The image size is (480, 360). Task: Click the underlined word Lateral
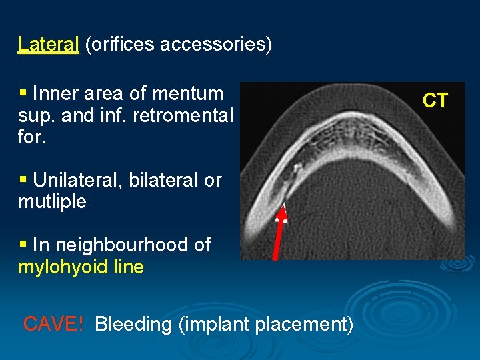pos(49,44)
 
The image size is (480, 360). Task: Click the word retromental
pos(183,115)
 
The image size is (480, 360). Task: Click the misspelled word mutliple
pos(52,201)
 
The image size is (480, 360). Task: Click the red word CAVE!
pos(53,324)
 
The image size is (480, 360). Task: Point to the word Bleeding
pos(133,324)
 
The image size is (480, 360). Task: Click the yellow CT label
pos(435,101)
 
